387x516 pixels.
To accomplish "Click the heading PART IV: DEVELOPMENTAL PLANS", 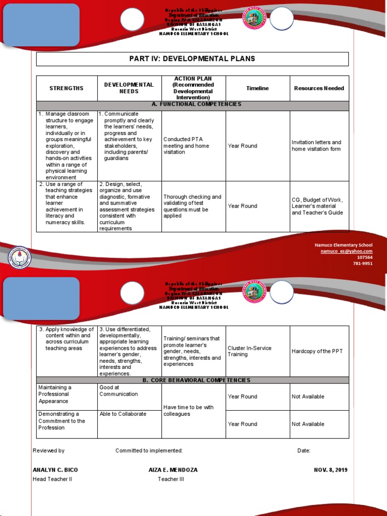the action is click(x=192, y=59).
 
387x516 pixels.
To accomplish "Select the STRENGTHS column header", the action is click(x=67, y=88).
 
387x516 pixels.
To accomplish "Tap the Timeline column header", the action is click(x=257, y=88).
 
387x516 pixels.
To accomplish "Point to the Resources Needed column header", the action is click(x=319, y=88).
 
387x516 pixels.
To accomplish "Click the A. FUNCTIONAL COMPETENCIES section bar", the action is click(x=192, y=104).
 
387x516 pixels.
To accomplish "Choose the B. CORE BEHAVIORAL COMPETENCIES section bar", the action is click(x=192, y=380).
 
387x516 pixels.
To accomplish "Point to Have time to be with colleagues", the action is click(x=188, y=411).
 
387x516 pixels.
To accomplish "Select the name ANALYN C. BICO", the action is click(x=55, y=470).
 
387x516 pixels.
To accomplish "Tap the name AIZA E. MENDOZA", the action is click(x=173, y=470).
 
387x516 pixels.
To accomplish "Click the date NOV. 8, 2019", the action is click(x=331, y=470).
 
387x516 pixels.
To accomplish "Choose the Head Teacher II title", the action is click(x=52, y=479).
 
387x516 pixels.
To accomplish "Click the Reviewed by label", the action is click(x=49, y=450).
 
